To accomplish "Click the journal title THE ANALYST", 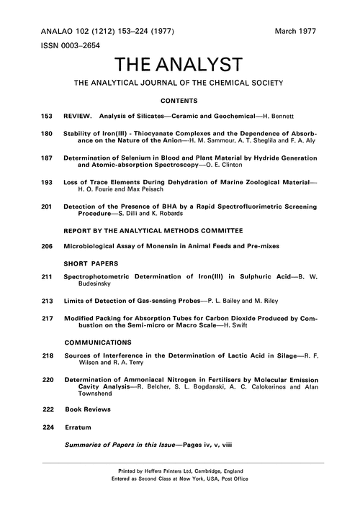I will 180,68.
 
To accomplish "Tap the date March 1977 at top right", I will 295,32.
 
